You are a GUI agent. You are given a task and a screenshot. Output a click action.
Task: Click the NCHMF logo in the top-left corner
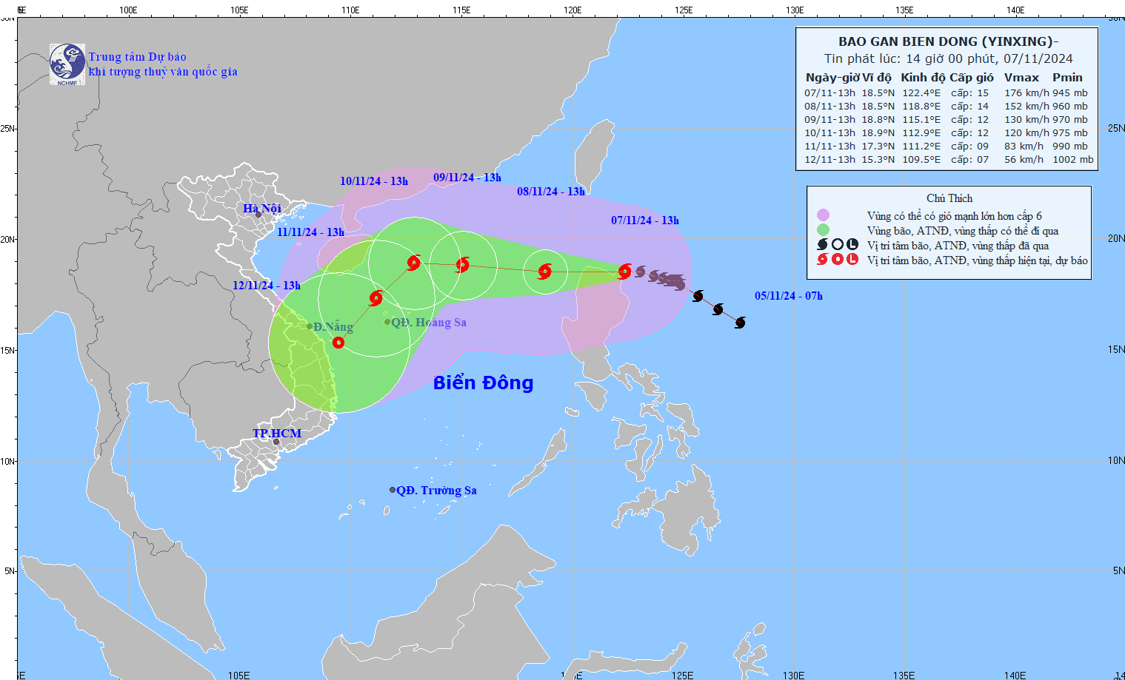click(67, 64)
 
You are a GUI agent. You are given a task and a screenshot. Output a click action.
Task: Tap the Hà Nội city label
click(262, 209)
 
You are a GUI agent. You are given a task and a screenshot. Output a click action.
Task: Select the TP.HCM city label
click(277, 434)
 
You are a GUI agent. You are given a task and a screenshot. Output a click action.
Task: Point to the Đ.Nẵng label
click(333, 327)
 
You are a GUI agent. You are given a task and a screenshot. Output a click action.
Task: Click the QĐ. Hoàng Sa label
click(429, 323)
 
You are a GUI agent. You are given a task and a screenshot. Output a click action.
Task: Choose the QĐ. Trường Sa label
click(436, 491)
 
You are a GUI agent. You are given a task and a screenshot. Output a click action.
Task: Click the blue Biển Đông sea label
click(483, 383)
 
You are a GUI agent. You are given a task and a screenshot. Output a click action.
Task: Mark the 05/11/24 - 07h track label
click(789, 296)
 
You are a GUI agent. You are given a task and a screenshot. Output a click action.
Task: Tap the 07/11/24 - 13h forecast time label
click(644, 221)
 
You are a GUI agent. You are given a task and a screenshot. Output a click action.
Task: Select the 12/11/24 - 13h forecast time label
click(267, 286)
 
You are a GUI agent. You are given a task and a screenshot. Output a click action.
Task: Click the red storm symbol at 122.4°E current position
click(624, 272)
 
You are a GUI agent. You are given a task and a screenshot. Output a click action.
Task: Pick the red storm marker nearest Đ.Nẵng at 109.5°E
click(338, 343)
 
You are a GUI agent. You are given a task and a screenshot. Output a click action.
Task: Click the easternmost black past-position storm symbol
click(740, 323)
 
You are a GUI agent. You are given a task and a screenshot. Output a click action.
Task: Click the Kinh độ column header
click(923, 78)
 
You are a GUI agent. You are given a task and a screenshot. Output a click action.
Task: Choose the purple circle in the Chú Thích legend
click(823, 215)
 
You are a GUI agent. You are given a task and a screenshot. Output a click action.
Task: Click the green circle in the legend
click(823, 230)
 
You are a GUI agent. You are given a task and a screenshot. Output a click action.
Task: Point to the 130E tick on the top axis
click(795, 10)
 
